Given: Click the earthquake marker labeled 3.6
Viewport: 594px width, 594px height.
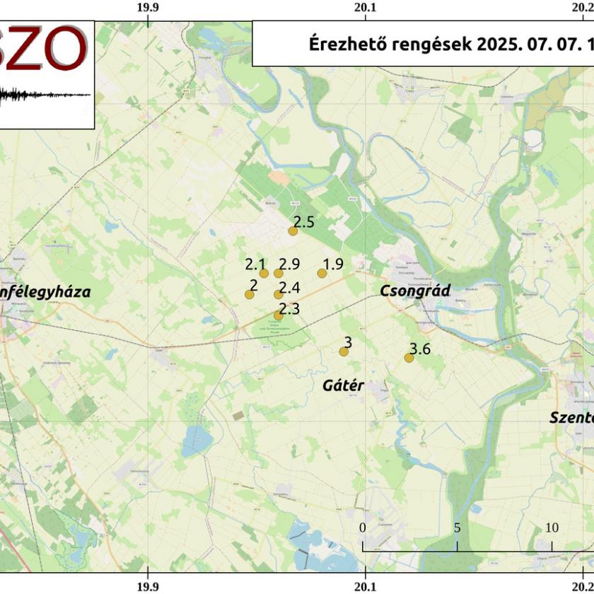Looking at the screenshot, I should (409, 358).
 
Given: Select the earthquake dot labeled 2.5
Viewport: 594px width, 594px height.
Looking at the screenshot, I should (293, 231).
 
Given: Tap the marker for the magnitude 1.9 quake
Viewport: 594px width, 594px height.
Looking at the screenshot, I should (322, 273).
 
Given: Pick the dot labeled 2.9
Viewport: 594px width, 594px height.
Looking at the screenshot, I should (278, 274).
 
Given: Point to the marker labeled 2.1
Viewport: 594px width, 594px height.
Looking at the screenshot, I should (264, 274).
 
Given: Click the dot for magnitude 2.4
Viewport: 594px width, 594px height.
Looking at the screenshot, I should (278, 295).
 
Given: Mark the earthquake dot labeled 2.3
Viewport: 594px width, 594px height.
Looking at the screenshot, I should (278, 316).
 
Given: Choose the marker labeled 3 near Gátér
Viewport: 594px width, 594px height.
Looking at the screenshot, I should (344, 351).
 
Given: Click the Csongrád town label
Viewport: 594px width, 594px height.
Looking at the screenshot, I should (415, 291).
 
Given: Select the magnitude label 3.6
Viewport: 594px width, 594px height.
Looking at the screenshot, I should (420, 348).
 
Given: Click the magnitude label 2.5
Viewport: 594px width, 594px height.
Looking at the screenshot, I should (304, 222).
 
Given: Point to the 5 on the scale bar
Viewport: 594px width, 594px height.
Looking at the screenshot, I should (458, 528).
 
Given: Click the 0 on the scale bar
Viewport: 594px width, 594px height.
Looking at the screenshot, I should (363, 528).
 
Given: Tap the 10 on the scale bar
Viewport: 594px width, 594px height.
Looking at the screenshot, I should (552, 528).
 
